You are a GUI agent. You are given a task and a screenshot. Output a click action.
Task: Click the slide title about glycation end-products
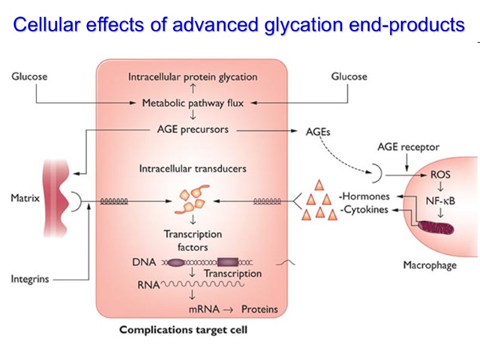239,25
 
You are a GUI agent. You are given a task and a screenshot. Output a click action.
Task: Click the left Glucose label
29,77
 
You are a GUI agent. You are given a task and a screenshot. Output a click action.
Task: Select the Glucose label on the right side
349,77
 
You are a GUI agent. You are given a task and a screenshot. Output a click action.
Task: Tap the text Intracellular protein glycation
193,77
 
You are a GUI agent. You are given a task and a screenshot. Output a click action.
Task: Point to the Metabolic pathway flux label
193,103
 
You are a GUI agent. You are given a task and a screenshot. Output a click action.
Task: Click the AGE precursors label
192,129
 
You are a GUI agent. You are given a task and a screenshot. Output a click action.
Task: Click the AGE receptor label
408,147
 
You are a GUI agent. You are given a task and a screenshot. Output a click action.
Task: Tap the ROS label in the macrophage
441,175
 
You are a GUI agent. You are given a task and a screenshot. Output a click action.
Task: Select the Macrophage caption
429,265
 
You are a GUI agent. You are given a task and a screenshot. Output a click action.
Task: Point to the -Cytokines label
363,210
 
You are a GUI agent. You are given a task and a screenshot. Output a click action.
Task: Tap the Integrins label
30,279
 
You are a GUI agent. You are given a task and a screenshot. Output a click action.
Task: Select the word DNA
143,262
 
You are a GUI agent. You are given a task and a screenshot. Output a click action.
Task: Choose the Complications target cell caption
183,330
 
